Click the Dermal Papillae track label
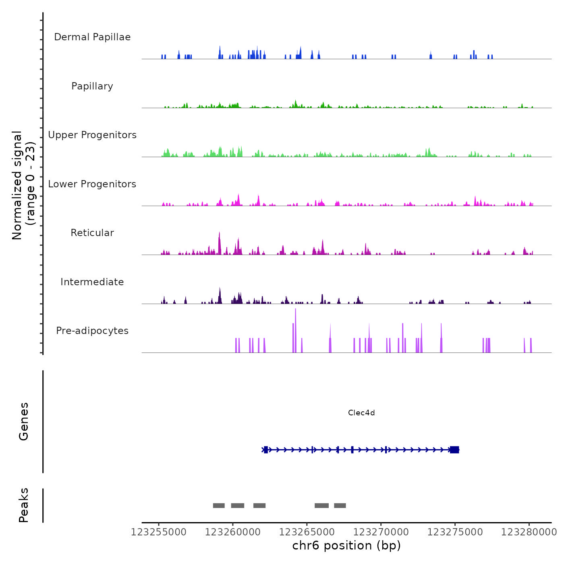click(x=92, y=37)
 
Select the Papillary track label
click(x=92, y=86)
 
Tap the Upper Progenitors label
click(x=92, y=135)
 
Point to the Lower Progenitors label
click(x=92, y=184)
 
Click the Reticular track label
click(x=92, y=233)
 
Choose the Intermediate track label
click(x=92, y=282)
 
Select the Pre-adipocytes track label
click(x=92, y=331)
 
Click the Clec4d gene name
click(x=361, y=413)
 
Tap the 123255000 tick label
click(x=159, y=532)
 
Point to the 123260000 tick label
click(x=233, y=532)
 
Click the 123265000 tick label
click(x=307, y=532)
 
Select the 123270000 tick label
click(x=381, y=532)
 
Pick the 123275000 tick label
click(x=455, y=532)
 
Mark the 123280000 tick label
click(x=529, y=532)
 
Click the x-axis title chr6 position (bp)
click(x=346, y=545)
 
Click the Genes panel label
click(x=24, y=421)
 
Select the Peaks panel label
click(x=24, y=505)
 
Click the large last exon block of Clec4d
click(x=454, y=450)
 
